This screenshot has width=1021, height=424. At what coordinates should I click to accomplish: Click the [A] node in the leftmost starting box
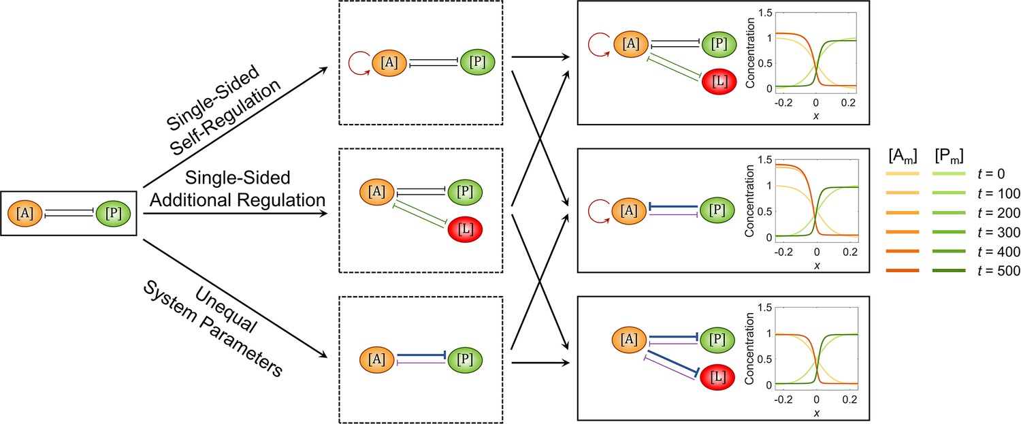click(25, 213)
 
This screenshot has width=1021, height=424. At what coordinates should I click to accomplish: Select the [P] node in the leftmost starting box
click(113, 213)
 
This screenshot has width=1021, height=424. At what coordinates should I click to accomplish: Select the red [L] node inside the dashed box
click(465, 229)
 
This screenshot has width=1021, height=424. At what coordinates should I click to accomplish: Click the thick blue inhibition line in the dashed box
click(421, 355)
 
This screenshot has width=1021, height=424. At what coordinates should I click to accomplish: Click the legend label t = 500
click(999, 271)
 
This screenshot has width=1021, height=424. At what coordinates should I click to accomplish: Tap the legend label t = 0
click(991, 174)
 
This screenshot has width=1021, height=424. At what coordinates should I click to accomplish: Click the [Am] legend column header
click(903, 156)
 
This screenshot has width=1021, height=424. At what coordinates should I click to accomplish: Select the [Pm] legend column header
click(949, 156)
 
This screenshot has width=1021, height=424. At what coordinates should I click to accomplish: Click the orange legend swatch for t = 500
click(903, 271)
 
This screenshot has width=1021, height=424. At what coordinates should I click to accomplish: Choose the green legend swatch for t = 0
click(949, 174)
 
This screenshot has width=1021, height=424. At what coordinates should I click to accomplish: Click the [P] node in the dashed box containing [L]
click(465, 191)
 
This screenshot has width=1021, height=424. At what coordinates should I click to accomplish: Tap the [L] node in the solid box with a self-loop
click(719, 82)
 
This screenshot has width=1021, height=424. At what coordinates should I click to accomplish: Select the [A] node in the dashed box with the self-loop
click(389, 63)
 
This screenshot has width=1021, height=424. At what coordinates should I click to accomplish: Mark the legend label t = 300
click(999, 233)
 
